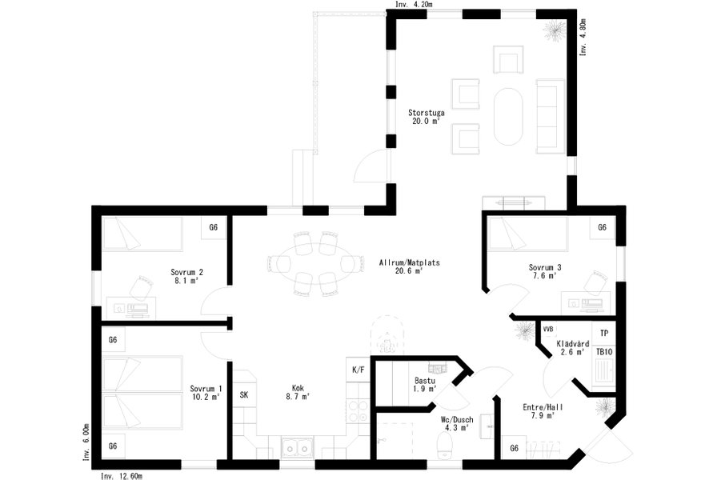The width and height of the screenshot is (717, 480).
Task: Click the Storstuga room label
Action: [x=427, y=113]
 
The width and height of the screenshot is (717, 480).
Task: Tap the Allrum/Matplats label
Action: [x=409, y=262]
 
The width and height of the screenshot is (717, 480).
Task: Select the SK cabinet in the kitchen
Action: [x=244, y=394]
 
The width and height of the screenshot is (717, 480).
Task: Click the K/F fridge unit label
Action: [x=358, y=370]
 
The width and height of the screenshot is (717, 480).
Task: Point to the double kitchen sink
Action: [x=297, y=447]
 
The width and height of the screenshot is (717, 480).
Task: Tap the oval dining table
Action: [x=316, y=263]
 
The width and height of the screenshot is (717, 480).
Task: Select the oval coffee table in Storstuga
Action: [x=508, y=116]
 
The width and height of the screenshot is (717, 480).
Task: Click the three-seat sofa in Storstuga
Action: [x=550, y=116]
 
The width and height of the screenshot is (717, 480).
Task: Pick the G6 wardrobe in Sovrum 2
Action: [x=214, y=227]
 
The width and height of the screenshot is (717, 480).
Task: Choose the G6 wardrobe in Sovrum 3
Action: [x=603, y=227]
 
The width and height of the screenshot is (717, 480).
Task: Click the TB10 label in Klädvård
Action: [x=604, y=352]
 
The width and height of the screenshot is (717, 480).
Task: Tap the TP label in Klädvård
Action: [x=604, y=334]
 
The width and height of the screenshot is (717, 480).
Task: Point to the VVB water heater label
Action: [x=548, y=329]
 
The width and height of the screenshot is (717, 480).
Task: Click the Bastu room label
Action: [x=425, y=380]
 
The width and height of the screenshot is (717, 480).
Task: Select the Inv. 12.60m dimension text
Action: [x=121, y=476]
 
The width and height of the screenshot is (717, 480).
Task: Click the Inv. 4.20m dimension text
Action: [x=414, y=4]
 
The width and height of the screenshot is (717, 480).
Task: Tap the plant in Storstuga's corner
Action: [x=554, y=30]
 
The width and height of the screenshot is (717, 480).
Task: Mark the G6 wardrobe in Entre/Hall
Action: [x=514, y=448]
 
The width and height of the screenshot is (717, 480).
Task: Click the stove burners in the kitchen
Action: [x=358, y=410]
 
